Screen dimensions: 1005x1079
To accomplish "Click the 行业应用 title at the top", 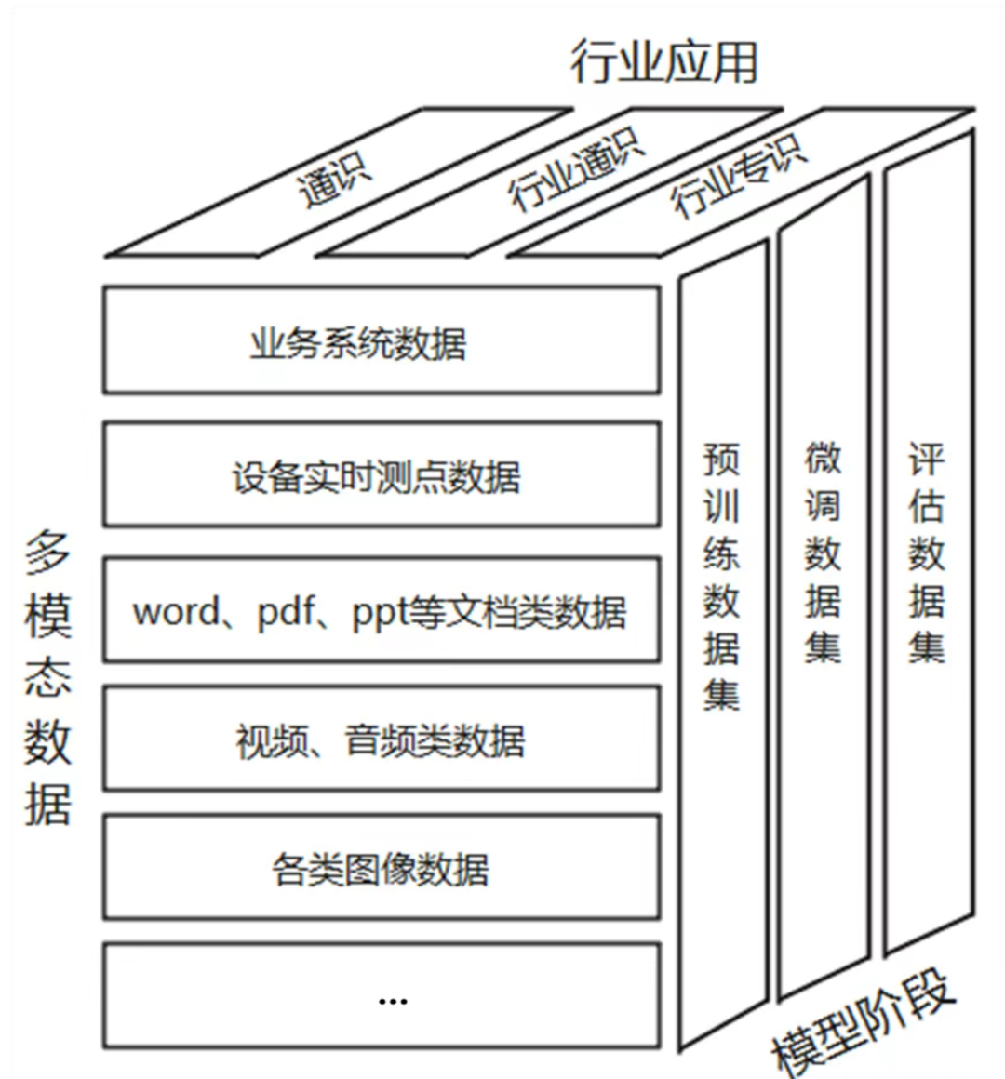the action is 664,61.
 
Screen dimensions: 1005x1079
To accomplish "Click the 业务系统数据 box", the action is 382,340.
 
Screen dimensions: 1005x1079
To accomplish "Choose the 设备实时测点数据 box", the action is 382,475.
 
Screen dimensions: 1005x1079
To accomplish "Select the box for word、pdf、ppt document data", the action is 382,611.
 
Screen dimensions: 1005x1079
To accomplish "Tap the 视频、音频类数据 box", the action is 382,740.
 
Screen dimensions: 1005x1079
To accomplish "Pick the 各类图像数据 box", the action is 382,869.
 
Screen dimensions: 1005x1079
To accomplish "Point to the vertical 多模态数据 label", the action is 47,679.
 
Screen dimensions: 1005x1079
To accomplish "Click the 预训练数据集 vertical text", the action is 721,577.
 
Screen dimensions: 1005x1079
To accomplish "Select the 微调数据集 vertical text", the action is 823,553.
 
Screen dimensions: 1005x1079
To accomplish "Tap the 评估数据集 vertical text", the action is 926,553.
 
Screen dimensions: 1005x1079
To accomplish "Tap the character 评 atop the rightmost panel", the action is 926,459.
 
